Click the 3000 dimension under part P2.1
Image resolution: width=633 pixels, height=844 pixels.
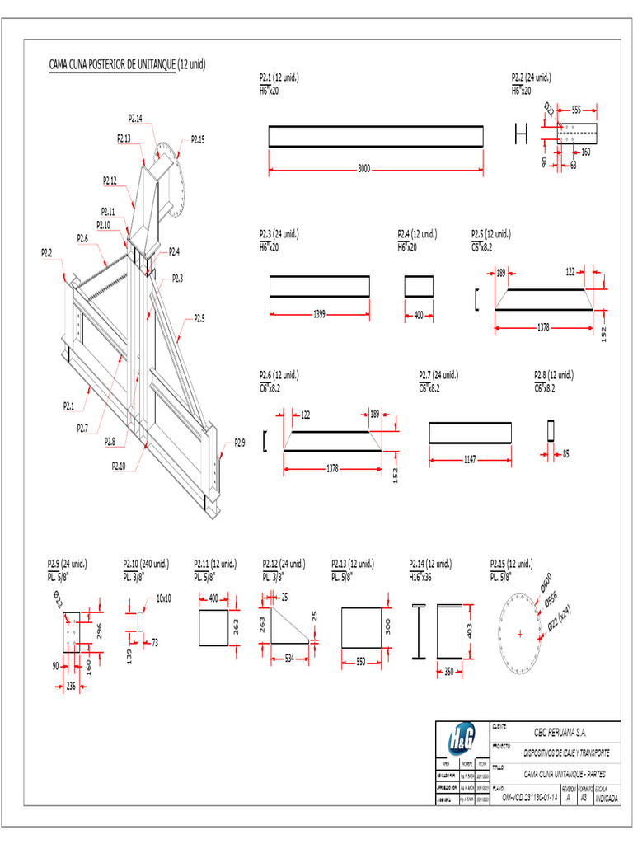coord(364,168)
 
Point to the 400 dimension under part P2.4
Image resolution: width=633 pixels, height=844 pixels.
coord(419,314)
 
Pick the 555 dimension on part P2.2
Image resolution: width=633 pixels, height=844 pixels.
coord(576,109)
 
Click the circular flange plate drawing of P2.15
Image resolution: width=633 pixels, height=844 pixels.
coord(521,633)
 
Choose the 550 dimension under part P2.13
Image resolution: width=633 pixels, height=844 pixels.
coord(361,661)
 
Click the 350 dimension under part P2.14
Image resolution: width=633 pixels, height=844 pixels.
coord(450,672)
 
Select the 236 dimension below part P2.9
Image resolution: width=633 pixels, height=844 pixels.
coord(71,685)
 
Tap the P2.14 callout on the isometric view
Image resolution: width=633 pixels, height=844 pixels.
coord(135,119)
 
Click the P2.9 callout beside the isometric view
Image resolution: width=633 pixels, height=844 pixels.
coord(239,443)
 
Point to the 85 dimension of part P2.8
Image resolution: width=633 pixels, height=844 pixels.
coord(565,452)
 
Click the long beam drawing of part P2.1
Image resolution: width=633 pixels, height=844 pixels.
coord(376,137)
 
